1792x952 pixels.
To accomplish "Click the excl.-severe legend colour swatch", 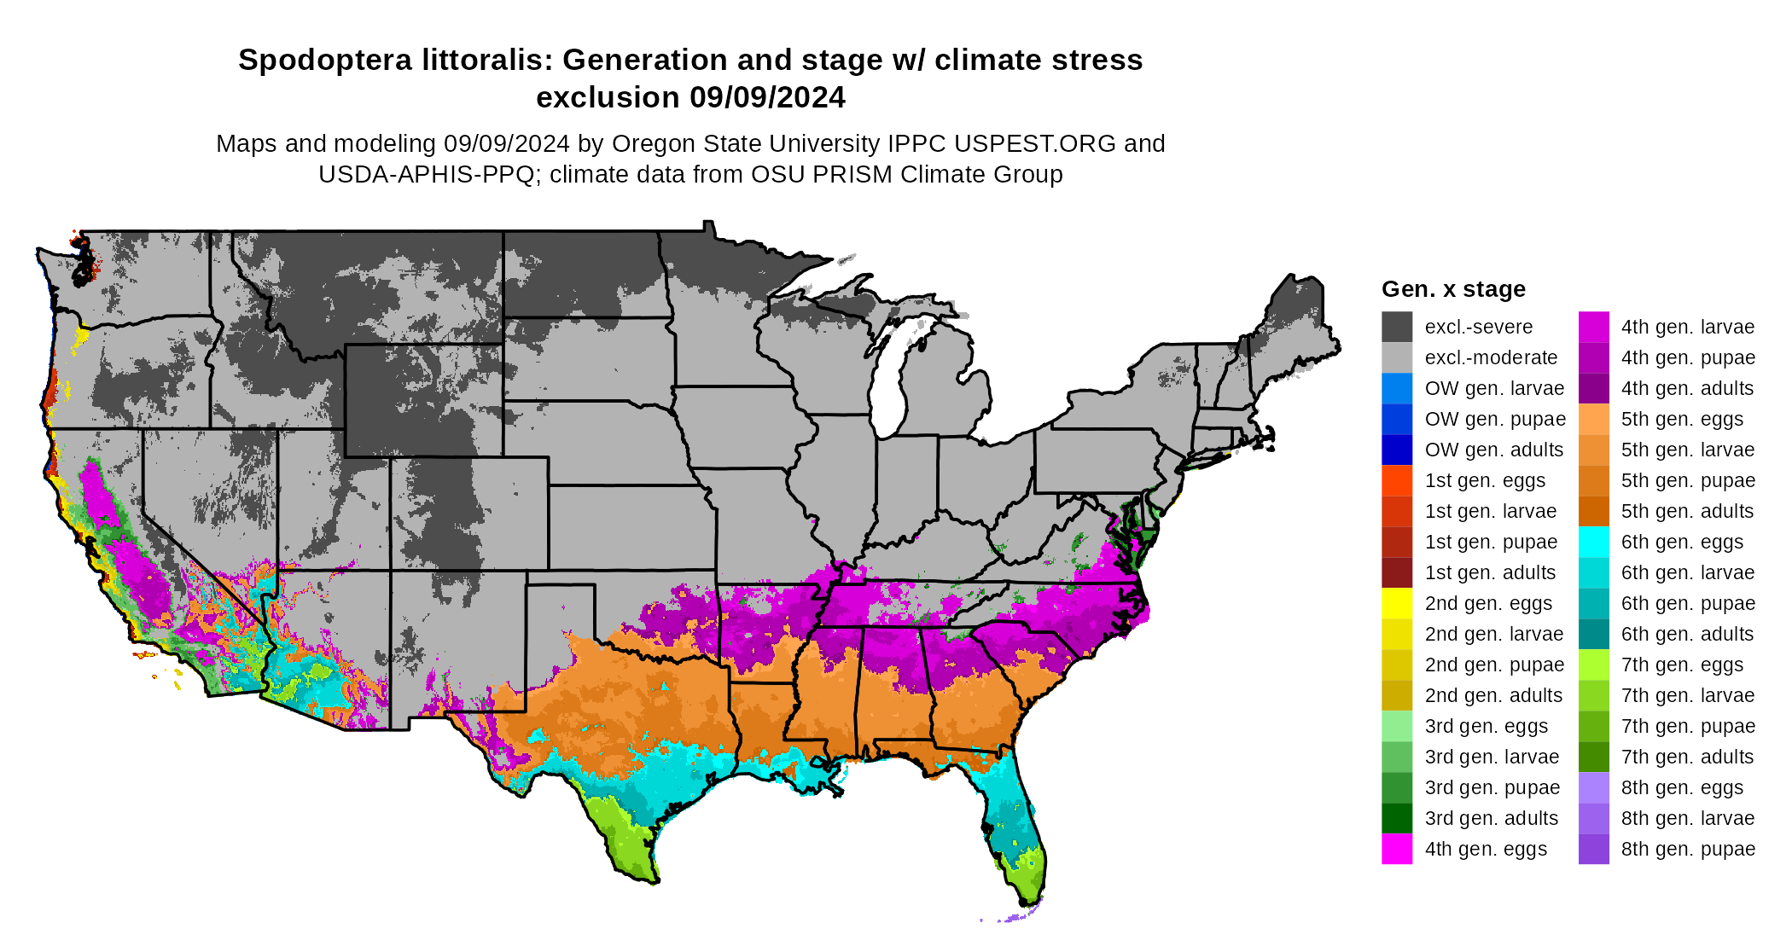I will (x=1397, y=327).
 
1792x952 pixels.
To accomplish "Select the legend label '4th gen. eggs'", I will (x=1486, y=850).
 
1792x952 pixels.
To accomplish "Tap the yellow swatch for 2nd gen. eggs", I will (x=1397, y=603).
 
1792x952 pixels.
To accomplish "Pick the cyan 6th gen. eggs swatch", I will (x=1593, y=542).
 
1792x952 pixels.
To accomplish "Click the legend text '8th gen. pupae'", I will (x=1688, y=850).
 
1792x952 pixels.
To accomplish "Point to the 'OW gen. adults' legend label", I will (x=1493, y=450).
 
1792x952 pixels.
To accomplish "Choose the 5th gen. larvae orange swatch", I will (x=1593, y=450).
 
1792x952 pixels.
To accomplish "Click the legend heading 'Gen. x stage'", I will (x=1453, y=289).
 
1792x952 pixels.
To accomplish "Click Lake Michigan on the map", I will (x=887, y=384).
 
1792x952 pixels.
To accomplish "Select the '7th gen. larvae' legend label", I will (x=1687, y=696).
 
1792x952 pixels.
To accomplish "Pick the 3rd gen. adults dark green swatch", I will (x=1397, y=818).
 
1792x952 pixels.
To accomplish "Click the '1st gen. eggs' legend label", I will (x=1485, y=481).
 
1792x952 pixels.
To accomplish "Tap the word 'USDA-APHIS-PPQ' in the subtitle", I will (x=427, y=175).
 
